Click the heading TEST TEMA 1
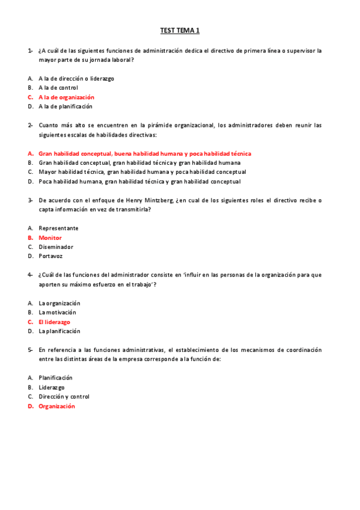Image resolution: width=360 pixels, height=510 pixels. point(180,30)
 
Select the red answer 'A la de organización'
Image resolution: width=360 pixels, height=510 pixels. point(66,97)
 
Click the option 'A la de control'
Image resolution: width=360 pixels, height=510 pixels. point(58,88)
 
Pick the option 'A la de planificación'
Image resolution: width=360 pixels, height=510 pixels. point(66,106)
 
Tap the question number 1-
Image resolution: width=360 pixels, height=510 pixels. point(30,51)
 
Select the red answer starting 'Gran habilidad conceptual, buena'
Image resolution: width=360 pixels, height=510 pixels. point(144,153)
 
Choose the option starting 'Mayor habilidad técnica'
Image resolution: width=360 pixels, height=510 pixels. point(142,172)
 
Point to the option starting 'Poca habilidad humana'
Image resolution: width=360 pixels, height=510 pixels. point(139,182)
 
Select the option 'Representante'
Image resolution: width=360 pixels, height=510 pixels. point(58,229)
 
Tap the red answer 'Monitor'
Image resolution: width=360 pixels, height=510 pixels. point(50,238)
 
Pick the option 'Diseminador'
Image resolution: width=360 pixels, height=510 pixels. point(56,247)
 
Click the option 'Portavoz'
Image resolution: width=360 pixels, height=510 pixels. point(51,256)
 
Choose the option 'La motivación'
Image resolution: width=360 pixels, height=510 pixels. point(59,313)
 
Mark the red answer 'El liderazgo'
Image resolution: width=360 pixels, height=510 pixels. point(54,322)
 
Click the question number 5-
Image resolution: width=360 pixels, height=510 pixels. point(30,349)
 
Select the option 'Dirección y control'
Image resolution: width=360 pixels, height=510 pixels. point(64,397)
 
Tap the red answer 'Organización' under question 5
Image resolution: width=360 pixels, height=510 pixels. point(56,406)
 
